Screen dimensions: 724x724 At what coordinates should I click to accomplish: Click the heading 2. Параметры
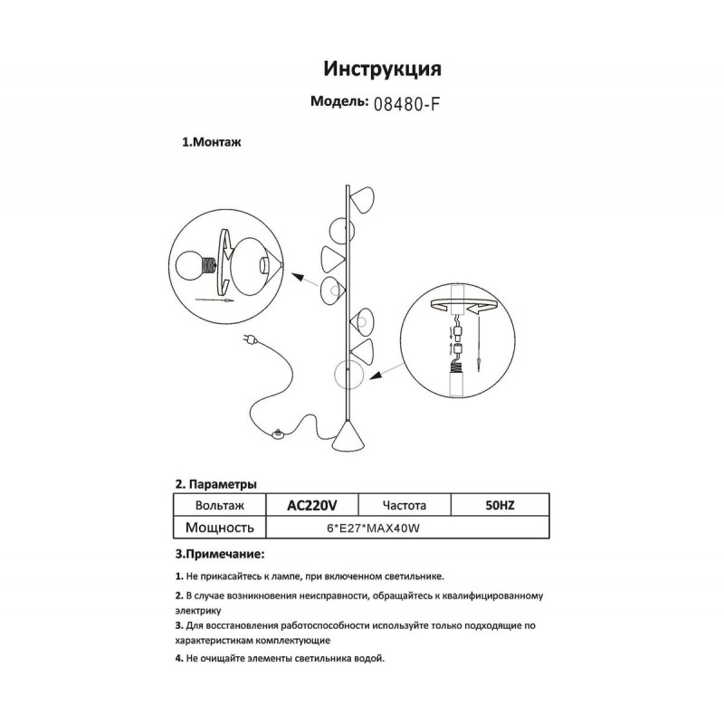[216, 484]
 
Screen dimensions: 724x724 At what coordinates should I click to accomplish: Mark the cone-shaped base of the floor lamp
[349, 441]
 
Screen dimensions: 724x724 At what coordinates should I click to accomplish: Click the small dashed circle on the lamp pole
[347, 373]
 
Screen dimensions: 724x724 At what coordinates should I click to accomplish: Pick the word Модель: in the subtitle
[338, 102]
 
